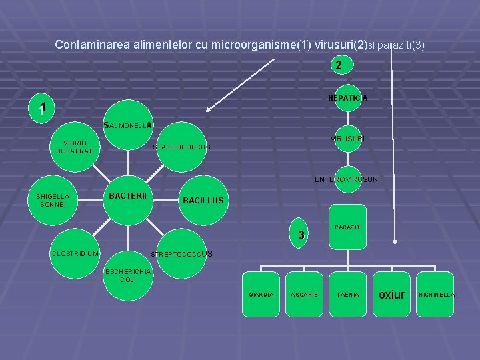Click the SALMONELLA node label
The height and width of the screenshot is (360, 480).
tap(128, 125)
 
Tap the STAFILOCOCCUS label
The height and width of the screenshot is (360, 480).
tap(181, 147)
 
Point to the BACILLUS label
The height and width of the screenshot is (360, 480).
tap(203, 201)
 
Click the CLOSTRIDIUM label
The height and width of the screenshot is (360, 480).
tap(75, 253)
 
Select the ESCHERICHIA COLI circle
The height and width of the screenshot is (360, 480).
tap(129, 275)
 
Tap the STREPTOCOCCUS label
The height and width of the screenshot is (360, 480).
tap(182, 254)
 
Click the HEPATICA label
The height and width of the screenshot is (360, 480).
tap(347, 99)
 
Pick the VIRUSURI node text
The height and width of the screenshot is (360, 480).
tap(347, 139)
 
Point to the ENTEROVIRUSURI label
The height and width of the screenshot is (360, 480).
tap(347, 179)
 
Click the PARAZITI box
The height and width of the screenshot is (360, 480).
tap(348, 227)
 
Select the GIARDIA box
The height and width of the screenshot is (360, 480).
tap(261, 294)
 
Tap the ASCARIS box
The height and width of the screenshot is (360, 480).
tap(304, 294)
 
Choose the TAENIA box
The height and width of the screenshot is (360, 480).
tap(347, 294)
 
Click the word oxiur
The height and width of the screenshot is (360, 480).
tap(391, 293)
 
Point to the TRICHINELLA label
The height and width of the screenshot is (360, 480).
tap(435, 294)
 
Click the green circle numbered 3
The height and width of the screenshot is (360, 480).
tap(301, 235)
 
